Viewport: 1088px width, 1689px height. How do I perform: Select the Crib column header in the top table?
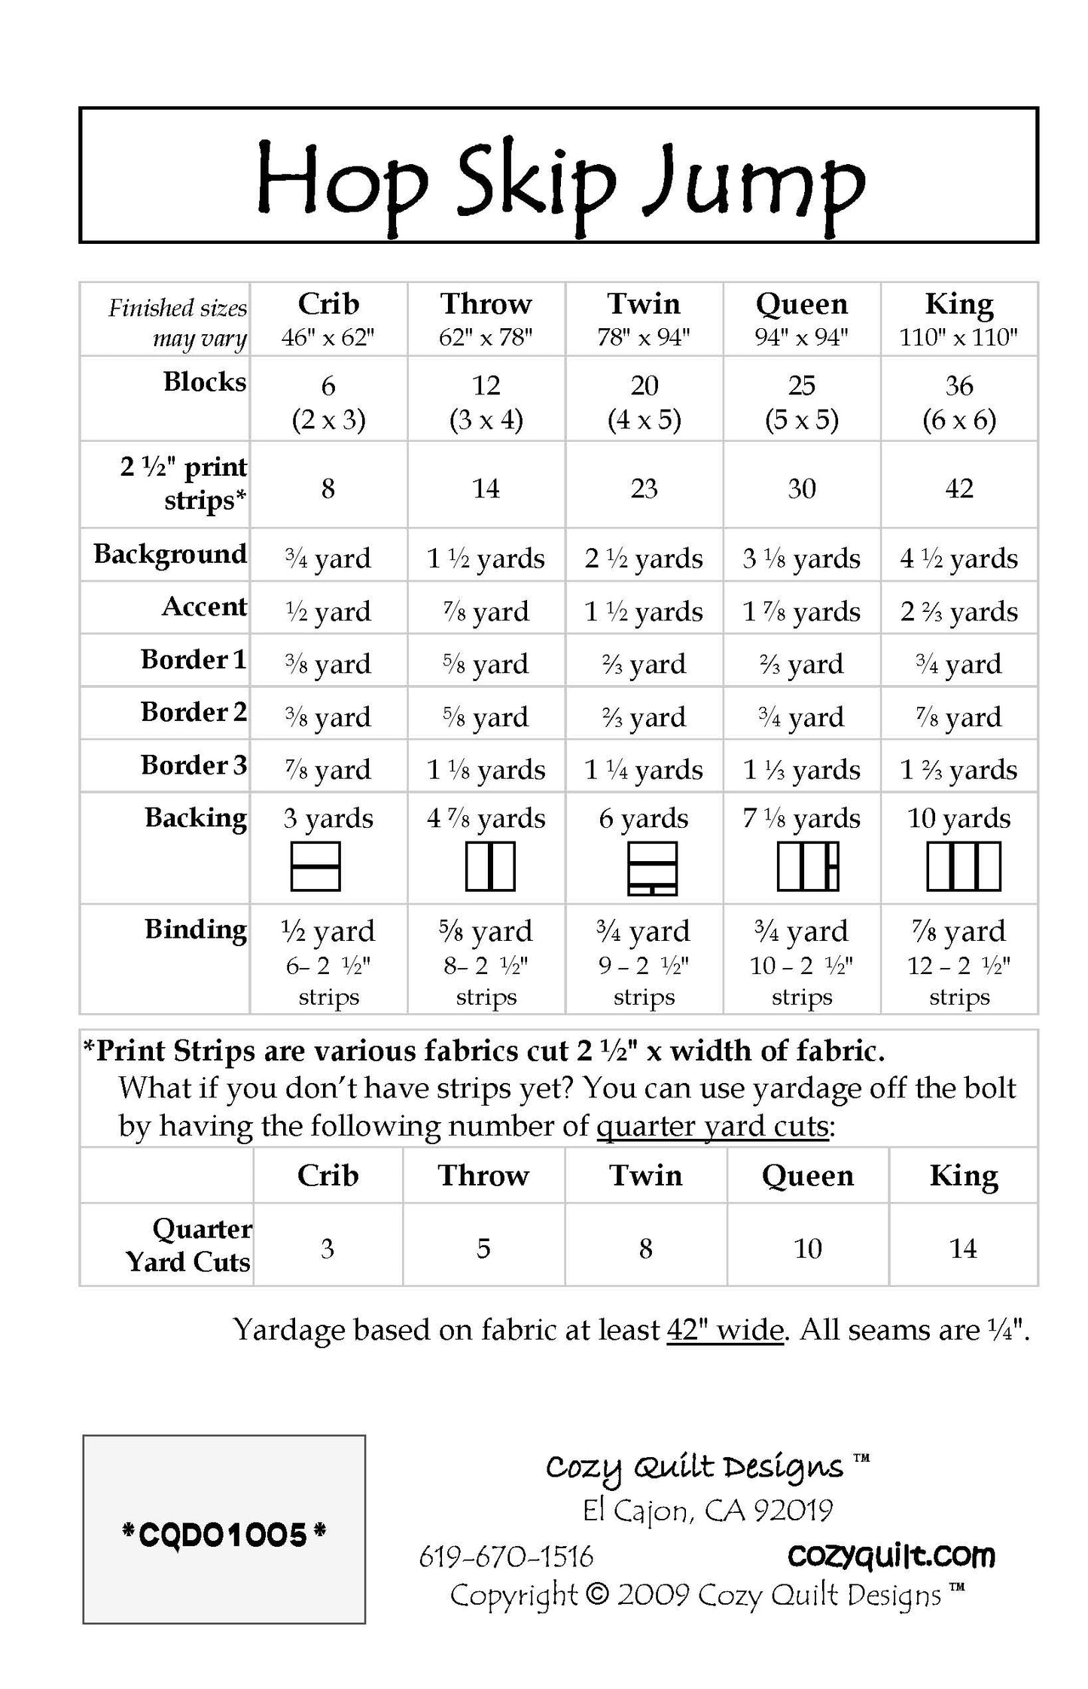tap(328, 304)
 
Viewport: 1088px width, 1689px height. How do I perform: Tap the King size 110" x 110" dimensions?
tap(958, 337)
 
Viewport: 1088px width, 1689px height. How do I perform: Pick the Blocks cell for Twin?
tap(644, 402)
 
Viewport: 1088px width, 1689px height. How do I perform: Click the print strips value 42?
tap(958, 488)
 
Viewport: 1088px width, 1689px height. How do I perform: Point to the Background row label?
tap(170, 554)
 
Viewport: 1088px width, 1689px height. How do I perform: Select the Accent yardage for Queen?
tap(801, 611)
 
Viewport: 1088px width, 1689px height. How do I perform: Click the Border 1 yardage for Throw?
tap(486, 664)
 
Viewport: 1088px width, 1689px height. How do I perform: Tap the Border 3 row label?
tap(194, 765)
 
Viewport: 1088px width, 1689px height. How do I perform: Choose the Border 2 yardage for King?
tap(958, 717)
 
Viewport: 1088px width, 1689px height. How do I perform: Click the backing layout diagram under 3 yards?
tap(315, 866)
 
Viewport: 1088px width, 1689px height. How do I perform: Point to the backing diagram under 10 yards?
tap(963, 866)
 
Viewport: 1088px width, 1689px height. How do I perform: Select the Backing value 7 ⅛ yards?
tap(801, 818)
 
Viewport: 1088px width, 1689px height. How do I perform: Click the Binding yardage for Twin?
tap(644, 931)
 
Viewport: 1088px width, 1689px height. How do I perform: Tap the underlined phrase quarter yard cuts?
tap(712, 1126)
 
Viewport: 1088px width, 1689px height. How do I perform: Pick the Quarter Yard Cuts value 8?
tap(645, 1249)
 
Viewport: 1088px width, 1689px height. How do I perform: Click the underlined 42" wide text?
tap(725, 1330)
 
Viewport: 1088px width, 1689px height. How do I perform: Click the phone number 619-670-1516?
tap(506, 1557)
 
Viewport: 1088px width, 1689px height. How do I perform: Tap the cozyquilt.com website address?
tap(891, 1555)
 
